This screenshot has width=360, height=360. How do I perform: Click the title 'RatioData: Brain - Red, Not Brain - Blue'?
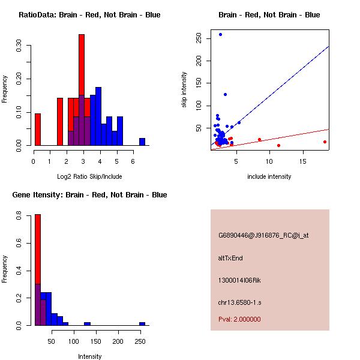click(89, 14)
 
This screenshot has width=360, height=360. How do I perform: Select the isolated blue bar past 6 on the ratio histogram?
click(142, 142)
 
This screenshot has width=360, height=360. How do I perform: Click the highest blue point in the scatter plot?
click(220, 34)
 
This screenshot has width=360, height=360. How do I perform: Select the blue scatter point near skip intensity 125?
click(225, 94)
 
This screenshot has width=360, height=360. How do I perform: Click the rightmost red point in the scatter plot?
click(325, 142)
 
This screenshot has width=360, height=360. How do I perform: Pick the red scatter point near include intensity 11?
click(278, 145)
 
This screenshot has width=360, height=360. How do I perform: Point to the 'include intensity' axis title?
click(269, 176)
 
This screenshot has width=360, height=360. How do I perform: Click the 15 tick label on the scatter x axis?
click(302, 161)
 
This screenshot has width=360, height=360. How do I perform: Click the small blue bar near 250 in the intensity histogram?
click(142, 323)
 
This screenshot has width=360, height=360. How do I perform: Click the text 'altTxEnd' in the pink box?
click(230, 258)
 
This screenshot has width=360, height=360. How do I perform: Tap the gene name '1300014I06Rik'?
click(239, 280)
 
